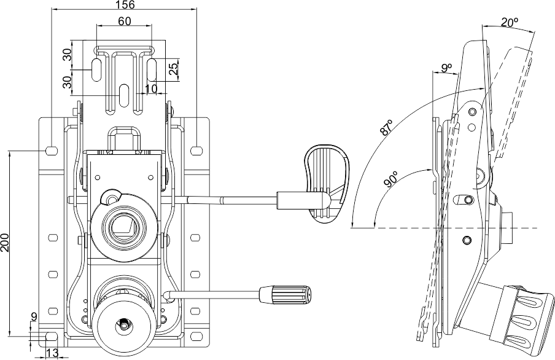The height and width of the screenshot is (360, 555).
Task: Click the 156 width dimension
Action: pyautogui.click(x=124, y=5)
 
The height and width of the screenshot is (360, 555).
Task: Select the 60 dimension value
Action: pyautogui.click(x=124, y=22)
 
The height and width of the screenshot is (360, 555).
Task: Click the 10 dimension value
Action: pyautogui.click(x=151, y=89)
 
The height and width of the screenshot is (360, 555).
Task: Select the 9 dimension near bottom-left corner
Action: pyautogui.click(x=34, y=317)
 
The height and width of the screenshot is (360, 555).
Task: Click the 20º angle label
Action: pyautogui.click(x=509, y=22)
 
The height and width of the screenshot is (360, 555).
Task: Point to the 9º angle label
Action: pyautogui.click(x=446, y=68)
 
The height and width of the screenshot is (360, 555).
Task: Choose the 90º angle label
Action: pyautogui.click(x=390, y=182)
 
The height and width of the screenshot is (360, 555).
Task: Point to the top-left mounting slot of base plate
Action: pyautogui.click(x=52, y=150)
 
